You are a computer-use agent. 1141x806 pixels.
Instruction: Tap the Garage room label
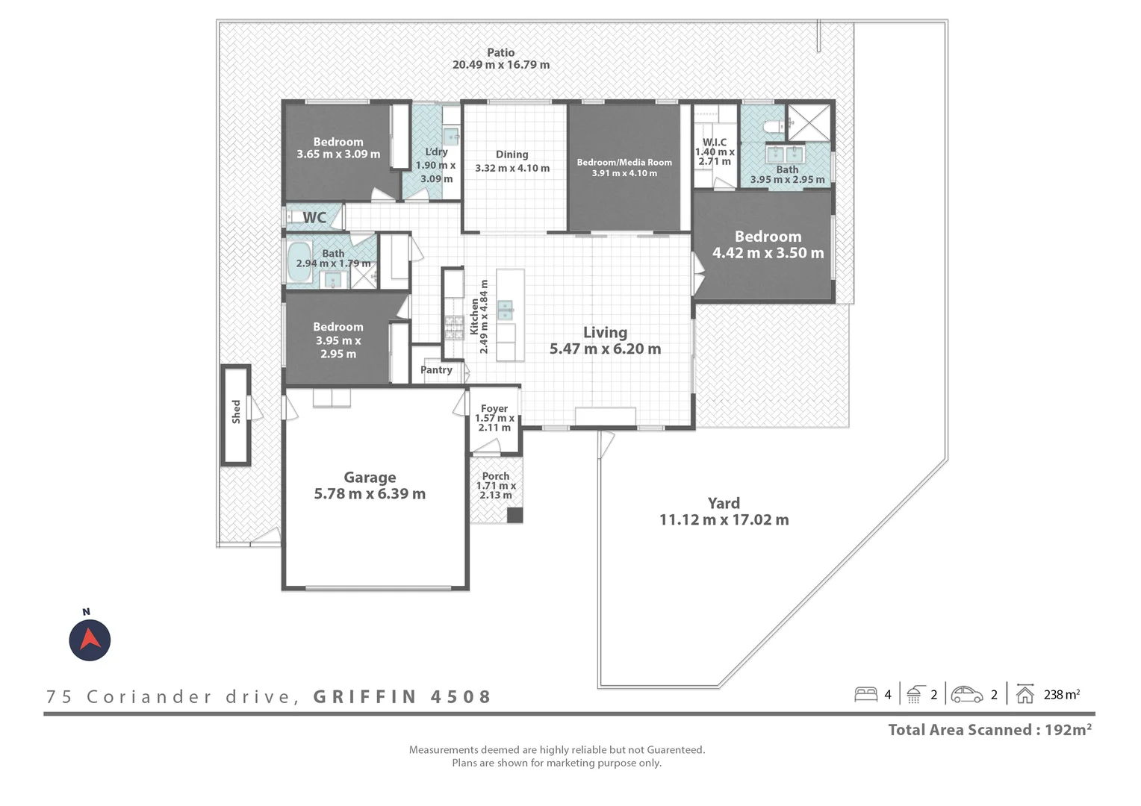pos(370,477)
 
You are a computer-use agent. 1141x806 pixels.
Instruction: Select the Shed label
pos(236,411)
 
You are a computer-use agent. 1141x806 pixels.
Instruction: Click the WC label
pos(314,217)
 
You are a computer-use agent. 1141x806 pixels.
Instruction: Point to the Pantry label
pos(436,369)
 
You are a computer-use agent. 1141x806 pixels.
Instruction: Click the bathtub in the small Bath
pos(299,262)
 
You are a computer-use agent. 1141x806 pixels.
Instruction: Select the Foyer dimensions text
pos(494,422)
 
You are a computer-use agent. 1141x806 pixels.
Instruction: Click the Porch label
pos(496,475)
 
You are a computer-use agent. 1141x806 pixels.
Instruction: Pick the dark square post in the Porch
pos(514,515)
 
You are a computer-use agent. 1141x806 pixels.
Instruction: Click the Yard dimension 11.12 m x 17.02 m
pos(724,519)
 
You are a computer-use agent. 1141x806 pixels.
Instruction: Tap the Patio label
pos(501,52)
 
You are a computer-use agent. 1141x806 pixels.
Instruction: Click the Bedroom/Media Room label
pos(624,162)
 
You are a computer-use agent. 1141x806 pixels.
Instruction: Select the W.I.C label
pos(715,142)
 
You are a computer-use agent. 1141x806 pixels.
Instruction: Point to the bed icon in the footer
pos(865,695)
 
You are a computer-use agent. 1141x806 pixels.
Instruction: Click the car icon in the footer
pos(967,695)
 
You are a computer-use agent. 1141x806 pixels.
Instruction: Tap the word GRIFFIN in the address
pos(364,696)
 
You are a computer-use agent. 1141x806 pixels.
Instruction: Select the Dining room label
pos(512,154)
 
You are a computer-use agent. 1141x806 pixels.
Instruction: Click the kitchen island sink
pos(505,309)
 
